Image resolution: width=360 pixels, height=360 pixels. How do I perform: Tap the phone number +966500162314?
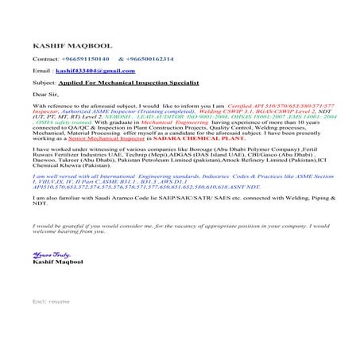point(149,59)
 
